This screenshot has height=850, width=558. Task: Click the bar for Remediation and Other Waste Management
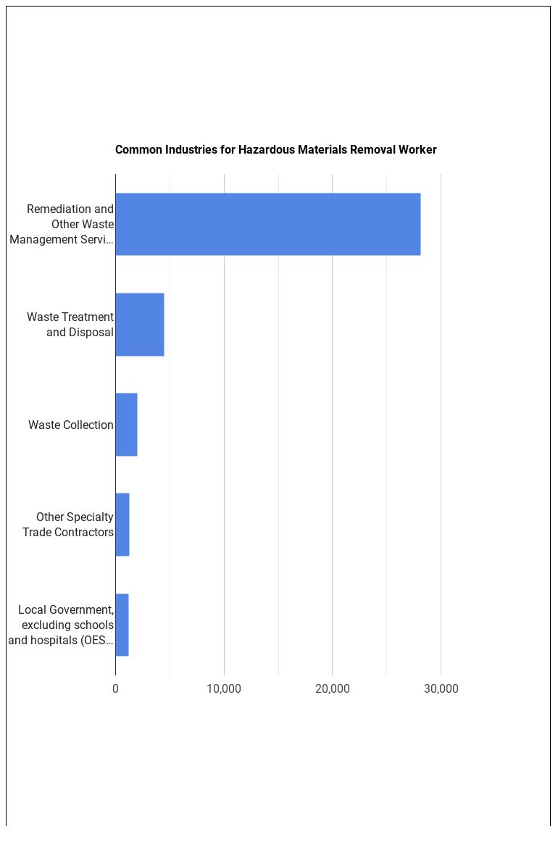point(267,224)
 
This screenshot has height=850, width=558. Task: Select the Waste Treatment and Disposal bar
point(140,325)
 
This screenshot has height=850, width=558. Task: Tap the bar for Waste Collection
point(126,425)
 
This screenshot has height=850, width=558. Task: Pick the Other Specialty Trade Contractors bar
point(122,525)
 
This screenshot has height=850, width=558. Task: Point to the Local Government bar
point(122,625)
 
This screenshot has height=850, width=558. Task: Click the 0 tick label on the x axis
point(115,688)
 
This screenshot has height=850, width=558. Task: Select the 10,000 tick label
point(224,688)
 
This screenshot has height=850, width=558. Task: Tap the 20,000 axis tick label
point(333,688)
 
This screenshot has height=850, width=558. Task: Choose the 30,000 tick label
point(441,688)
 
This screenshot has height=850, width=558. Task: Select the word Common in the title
point(137,150)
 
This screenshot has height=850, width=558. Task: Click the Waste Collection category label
point(71,425)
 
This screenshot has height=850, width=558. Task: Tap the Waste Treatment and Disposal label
point(71,325)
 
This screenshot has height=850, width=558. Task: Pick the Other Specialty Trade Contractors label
point(68,525)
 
